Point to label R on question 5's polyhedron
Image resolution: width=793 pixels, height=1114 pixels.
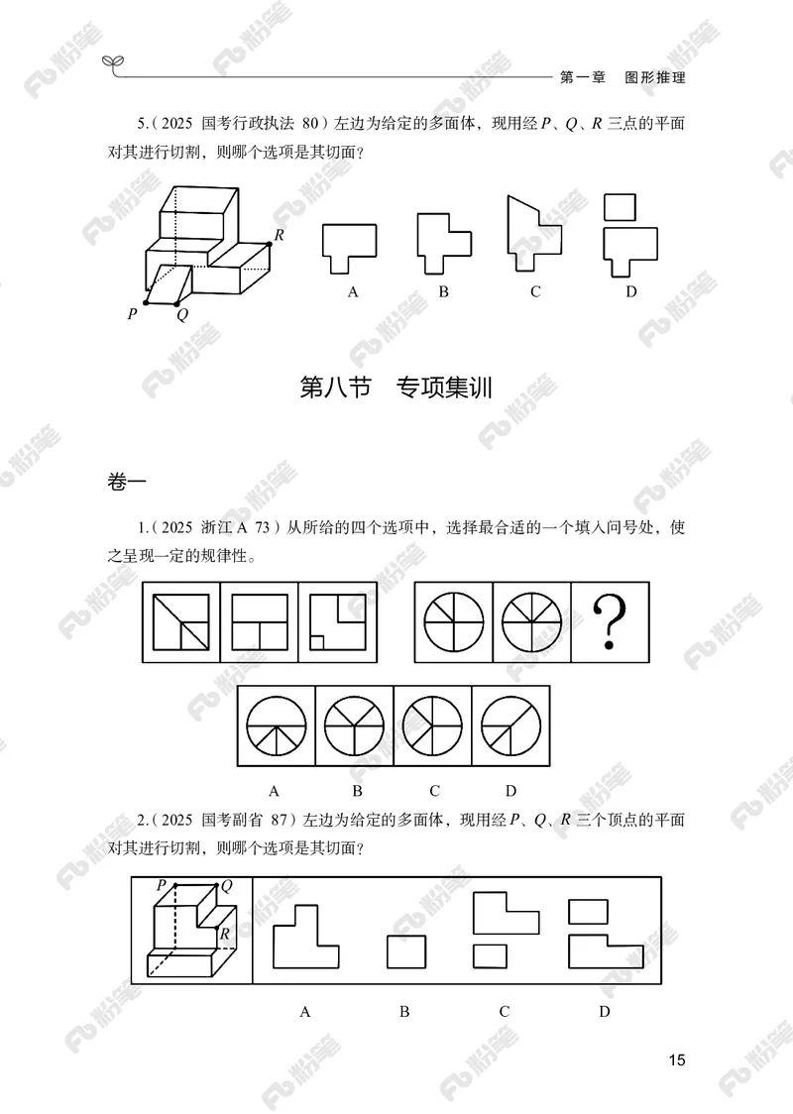281,235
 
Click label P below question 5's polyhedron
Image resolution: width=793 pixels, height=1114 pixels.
132,314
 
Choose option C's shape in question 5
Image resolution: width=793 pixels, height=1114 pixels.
533,235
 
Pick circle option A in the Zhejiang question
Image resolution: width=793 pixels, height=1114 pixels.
275,726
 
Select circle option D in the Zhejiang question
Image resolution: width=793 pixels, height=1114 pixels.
510,726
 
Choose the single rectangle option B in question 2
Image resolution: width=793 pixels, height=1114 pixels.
405,952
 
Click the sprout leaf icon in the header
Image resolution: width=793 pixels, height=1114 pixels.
115,64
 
